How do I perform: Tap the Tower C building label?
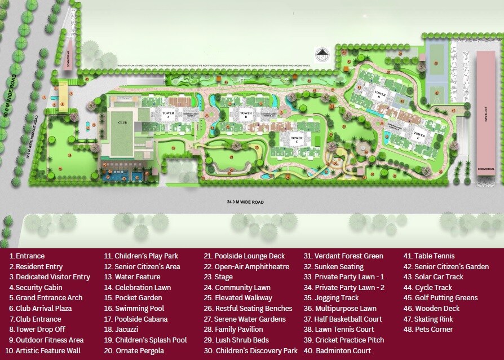click(297, 138)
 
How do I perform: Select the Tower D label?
click(380, 95)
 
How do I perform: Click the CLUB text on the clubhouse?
click(122, 121)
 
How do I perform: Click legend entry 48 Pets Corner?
click(434, 330)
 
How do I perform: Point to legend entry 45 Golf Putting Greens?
click(446, 298)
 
